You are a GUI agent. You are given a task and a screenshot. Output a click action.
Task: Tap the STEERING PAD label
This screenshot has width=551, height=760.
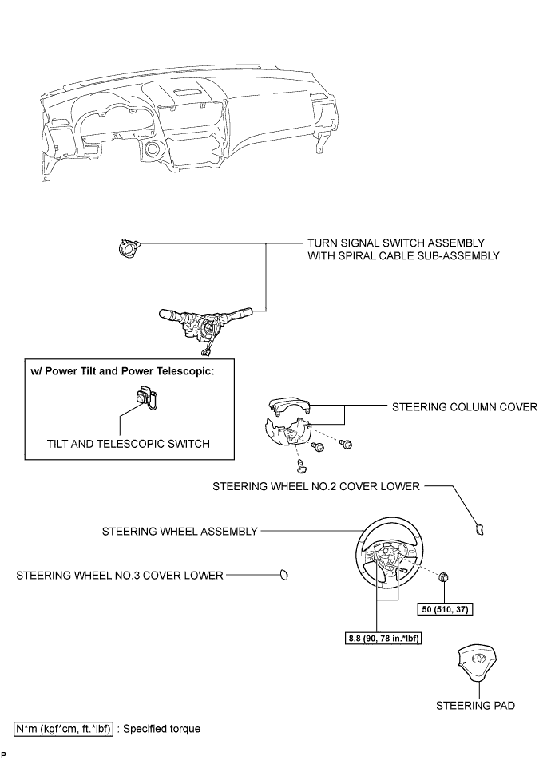(x=476, y=705)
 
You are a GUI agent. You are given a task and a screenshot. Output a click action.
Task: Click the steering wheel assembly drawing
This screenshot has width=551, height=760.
(x=389, y=560)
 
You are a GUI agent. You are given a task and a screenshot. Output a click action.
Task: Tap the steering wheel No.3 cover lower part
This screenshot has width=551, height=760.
(x=283, y=574)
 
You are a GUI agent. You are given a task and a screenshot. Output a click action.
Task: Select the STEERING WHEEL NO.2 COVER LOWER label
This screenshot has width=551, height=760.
(x=315, y=485)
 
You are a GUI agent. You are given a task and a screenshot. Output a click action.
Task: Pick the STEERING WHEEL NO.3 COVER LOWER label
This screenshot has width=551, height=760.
(x=120, y=574)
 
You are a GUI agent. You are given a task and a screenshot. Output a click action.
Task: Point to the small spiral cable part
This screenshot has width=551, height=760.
(x=125, y=247)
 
